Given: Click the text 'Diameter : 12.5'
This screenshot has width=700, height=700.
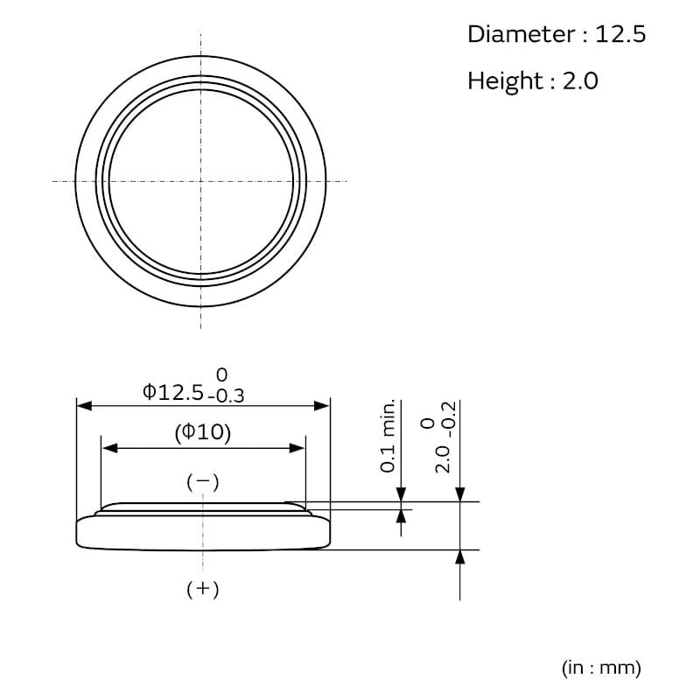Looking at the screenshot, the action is point(556,34).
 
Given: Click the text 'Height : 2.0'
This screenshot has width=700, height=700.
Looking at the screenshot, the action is point(533,81).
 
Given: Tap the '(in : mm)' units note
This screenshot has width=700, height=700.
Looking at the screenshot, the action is point(601,668).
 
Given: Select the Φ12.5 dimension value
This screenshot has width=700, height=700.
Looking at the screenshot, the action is point(173,393).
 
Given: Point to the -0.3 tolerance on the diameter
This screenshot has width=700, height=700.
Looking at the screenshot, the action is point(227,396).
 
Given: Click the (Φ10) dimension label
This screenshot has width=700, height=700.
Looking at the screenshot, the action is point(203,432).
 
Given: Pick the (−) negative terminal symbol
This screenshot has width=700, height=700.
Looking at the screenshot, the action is point(203,482).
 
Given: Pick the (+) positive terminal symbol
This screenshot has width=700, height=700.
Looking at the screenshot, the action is point(203,589).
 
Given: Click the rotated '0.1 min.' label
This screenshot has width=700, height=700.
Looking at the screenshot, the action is point(388,436).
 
